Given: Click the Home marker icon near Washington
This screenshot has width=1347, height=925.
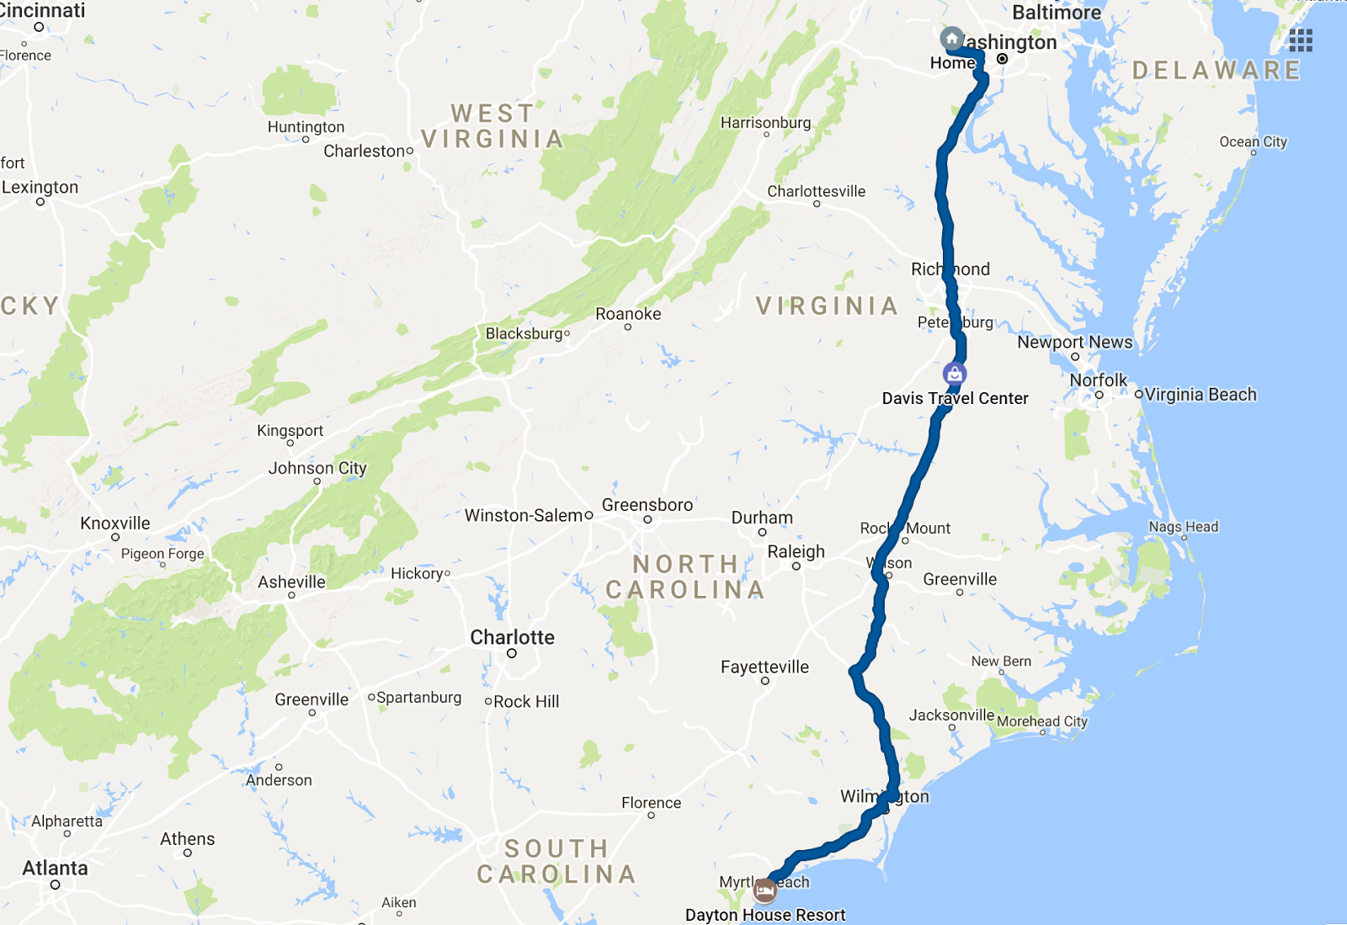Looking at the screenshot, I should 951,39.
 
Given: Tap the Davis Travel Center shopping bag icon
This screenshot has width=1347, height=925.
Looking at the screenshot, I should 954,374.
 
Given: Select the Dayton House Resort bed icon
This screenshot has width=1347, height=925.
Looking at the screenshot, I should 764,890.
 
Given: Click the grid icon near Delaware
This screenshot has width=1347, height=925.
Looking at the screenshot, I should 1300,40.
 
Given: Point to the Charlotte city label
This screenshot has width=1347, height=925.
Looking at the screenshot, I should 512,637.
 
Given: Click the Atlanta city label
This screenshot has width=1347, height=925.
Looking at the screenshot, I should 55,868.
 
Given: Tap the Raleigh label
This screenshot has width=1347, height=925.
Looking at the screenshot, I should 796,552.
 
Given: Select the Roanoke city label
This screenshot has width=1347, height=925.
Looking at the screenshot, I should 628,314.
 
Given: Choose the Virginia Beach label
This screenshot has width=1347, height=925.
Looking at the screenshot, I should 1200,395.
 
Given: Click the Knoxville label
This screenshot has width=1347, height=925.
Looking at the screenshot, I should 115,524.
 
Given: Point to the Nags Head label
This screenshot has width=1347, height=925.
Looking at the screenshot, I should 1183,527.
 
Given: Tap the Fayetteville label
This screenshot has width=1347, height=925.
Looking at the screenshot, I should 764,667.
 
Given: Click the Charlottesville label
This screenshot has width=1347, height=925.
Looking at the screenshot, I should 816,191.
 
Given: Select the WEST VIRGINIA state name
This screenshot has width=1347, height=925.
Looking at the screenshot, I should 492,126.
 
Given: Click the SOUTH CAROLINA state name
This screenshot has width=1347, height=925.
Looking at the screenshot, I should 556,862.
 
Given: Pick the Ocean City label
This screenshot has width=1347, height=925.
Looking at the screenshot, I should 1253,141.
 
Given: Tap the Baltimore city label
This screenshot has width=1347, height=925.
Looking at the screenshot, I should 1056,13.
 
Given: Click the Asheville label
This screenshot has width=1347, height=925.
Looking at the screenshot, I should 291,582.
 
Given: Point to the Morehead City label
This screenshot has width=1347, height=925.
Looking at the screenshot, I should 1042,721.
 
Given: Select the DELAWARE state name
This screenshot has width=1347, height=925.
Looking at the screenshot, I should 1217,71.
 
